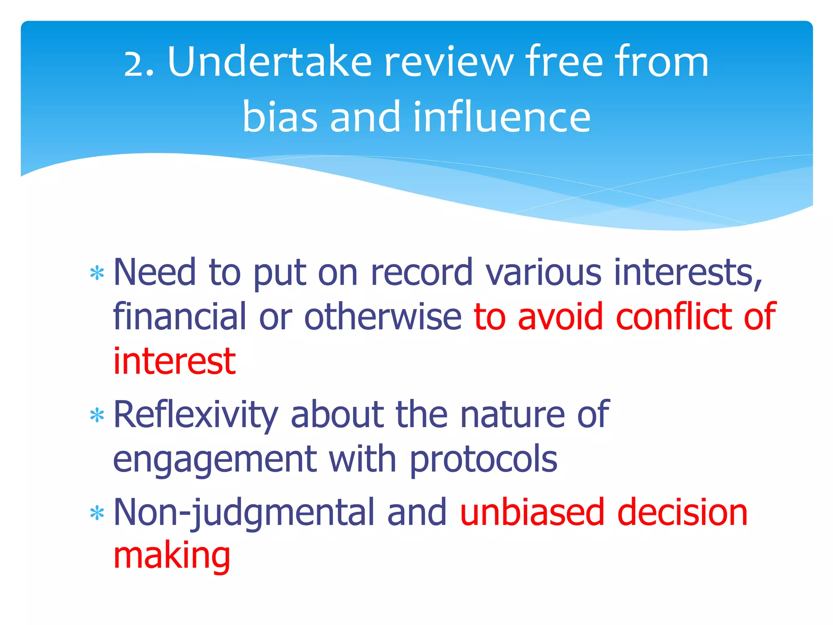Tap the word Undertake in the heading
[x=269, y=62]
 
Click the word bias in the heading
[x=279, y=117]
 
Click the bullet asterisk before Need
[x=97, y=274]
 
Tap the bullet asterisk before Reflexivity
[x=97, y=416]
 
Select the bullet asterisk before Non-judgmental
[x=97, y=514]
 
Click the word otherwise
[x=383, y=317]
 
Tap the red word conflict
[x=674, y=317]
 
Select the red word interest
[x=174, y=361]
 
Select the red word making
[x=172, y=557]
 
